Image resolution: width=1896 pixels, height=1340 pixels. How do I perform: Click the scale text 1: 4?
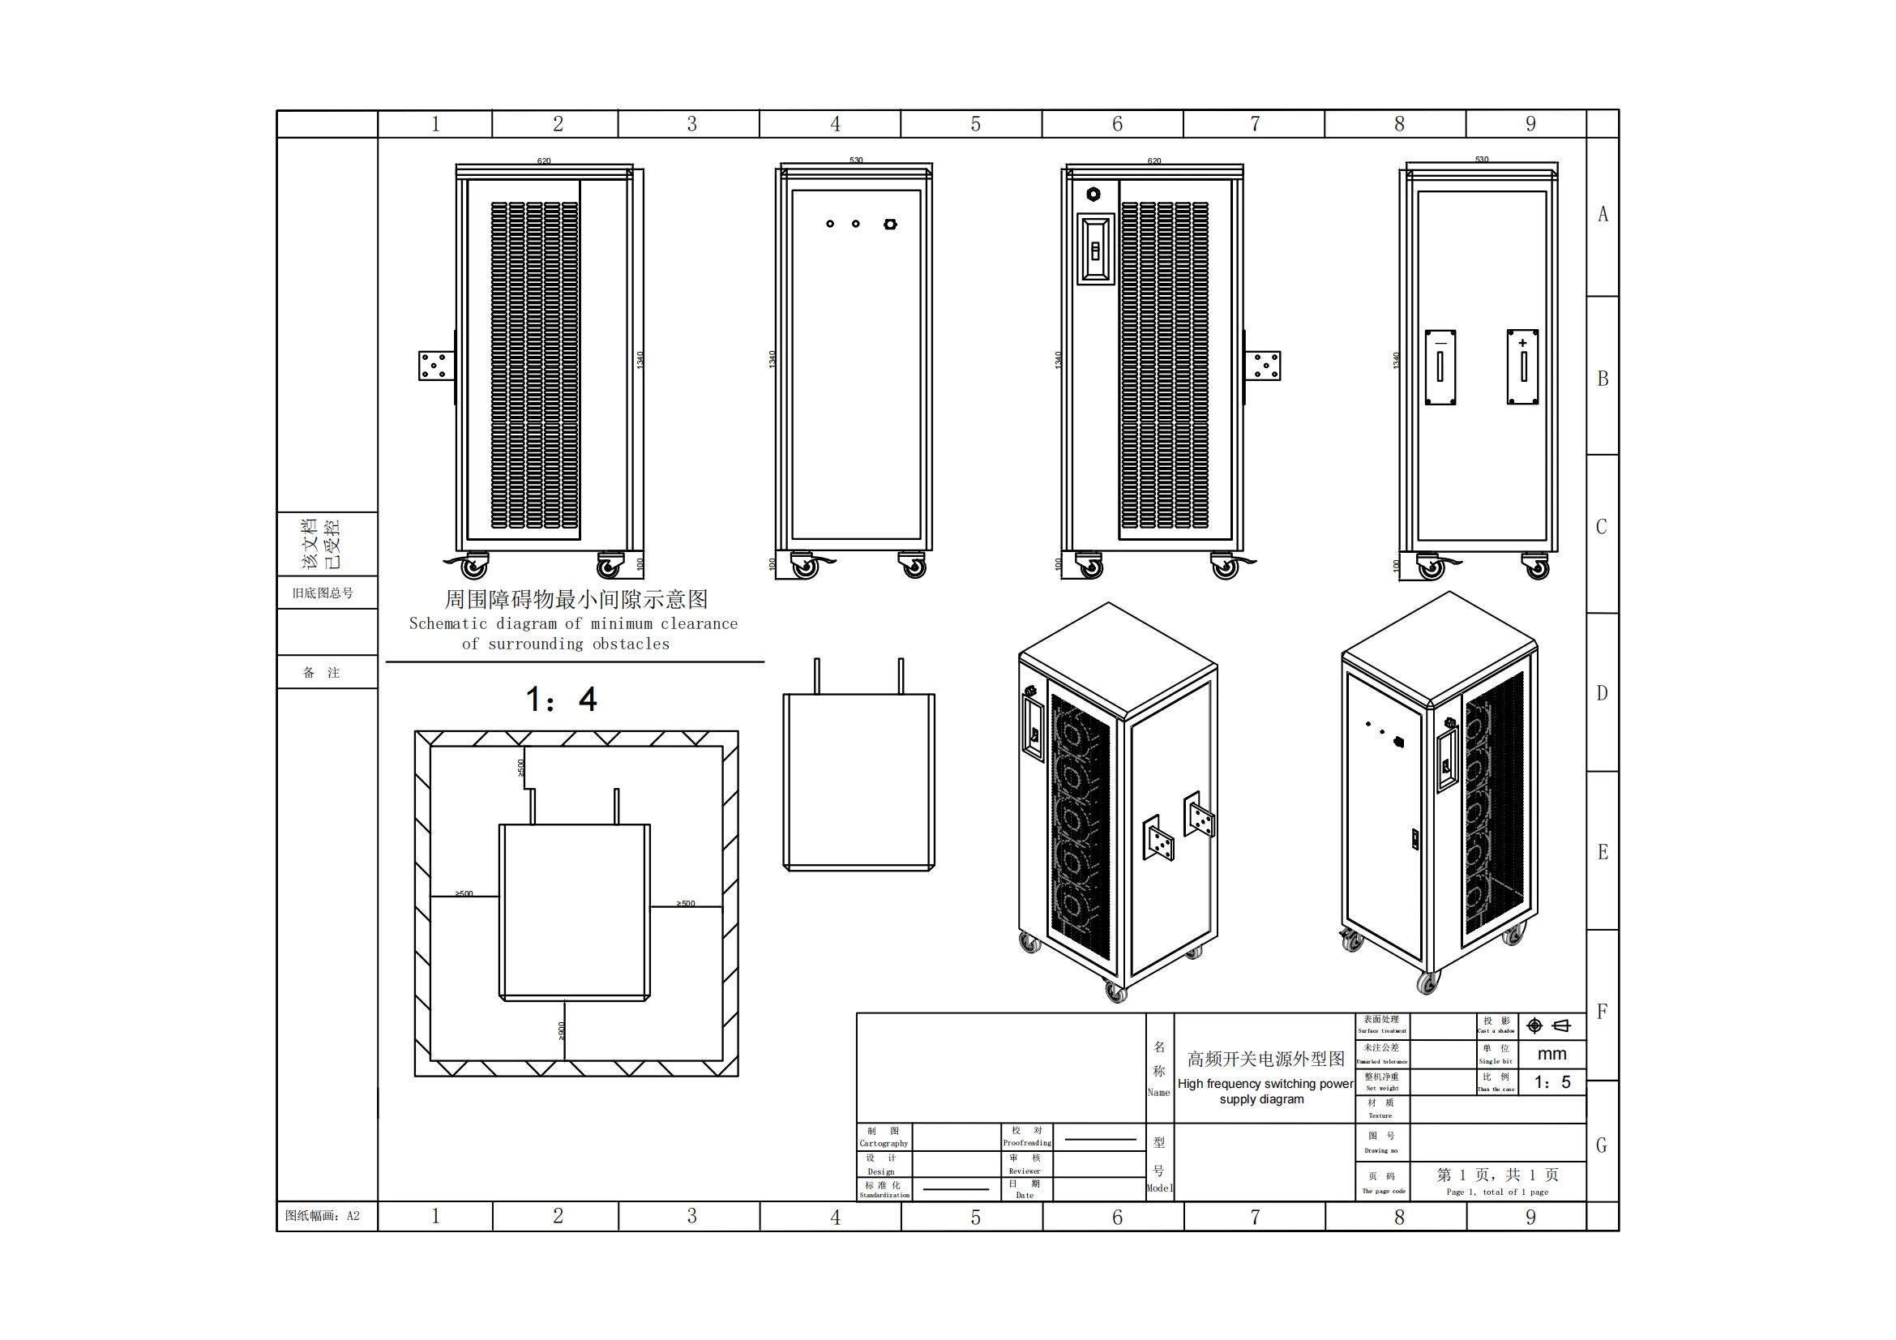pos(562,700)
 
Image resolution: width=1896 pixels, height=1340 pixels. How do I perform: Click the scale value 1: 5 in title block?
pos(1551,1082)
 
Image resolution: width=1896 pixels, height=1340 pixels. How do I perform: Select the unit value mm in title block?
pos(1551,1055)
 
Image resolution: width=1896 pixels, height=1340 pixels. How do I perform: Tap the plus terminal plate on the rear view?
pos(1523,366)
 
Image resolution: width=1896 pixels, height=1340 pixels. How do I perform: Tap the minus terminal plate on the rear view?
pos(1440,367)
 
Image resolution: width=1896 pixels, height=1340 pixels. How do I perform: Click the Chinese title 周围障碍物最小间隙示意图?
pos(576,599)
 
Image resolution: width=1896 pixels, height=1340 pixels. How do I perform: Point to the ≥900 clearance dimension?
pos(563,1030)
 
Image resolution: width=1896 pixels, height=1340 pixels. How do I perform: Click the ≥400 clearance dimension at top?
pos(521,768)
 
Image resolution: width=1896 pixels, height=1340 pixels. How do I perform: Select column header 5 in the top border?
pos(975,125)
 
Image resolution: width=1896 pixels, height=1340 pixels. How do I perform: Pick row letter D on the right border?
pos(1602,694)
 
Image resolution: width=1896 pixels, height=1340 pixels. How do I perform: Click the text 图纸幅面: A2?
pos(323,1215)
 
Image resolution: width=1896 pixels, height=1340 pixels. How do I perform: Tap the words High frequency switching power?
pos(1265,1084)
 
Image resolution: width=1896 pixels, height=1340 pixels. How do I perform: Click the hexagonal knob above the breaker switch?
pos(1094,194)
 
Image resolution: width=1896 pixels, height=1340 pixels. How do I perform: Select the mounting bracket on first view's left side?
pos(436,366)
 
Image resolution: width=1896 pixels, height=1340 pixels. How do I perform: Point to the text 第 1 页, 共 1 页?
pos(1497,1175)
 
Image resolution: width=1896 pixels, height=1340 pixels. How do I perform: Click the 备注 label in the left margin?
pos(322,673)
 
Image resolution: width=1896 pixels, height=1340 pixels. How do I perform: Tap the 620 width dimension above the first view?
pos(543,161)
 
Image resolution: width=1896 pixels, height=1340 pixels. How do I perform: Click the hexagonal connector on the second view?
pos(890,224)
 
